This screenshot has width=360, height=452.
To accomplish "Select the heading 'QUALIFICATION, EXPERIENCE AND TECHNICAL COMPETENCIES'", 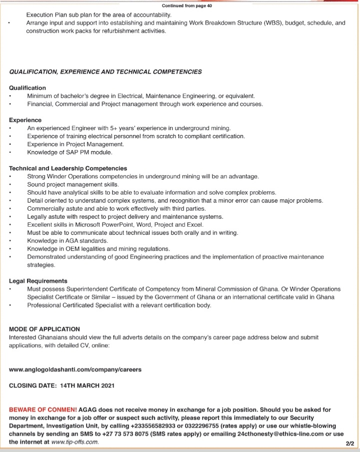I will point(105,72).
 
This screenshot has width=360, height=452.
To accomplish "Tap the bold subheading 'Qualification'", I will point(27,88).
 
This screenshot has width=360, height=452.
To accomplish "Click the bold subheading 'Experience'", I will point(25,120).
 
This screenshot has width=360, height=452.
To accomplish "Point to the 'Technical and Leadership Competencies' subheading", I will point(68,168).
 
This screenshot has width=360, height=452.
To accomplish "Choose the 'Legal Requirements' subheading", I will point(38,281).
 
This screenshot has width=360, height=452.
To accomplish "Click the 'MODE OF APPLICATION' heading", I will point(44,329).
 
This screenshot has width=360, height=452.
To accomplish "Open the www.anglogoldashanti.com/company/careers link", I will point(75,369).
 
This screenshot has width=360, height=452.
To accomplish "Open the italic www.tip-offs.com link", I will point(75,442).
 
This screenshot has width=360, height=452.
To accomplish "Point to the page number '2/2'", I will point(349,443).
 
